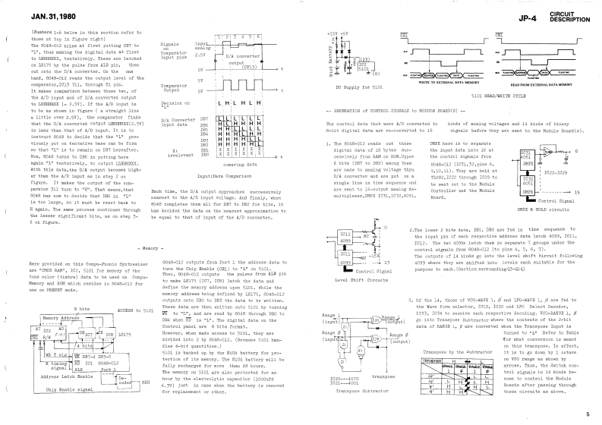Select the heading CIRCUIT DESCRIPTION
point(575,14)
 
